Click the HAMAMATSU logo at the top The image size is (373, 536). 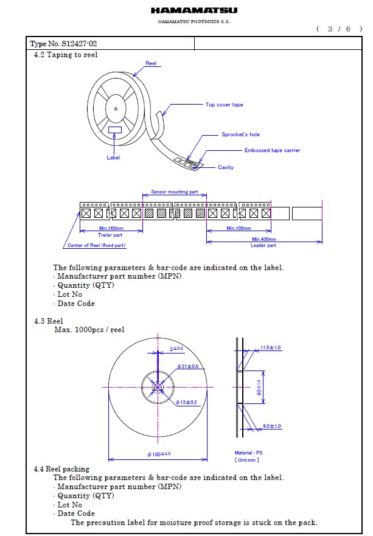pos(194,10)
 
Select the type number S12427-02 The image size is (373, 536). pos(79,44)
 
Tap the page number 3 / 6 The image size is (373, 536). pos(339,29)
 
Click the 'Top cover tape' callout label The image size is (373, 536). pos(225,105)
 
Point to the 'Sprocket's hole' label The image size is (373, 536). pos(241,134)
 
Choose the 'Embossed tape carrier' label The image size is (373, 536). pos(272,150)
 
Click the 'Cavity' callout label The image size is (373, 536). pos(226,167)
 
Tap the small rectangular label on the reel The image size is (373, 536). pos(115,130)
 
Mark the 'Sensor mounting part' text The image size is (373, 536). pos(175,192)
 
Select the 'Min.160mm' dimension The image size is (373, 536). pos(111,228)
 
